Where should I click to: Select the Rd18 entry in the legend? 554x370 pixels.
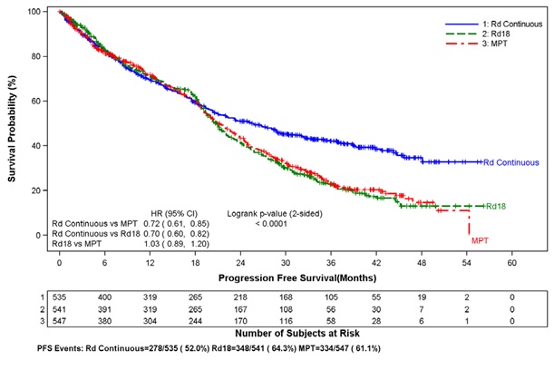(485, 33)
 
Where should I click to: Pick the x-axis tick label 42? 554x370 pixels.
(375, 260)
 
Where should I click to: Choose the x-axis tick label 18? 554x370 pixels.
(195, 260)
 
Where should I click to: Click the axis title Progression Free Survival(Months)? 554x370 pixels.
(284, 277)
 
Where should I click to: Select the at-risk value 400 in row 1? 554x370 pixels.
(104, 297)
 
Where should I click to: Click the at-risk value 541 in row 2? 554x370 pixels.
(59, 309)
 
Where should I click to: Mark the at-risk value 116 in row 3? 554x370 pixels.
(285, 321)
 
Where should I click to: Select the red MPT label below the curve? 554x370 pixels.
(480, 240)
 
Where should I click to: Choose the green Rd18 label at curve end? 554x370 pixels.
(495, 207)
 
